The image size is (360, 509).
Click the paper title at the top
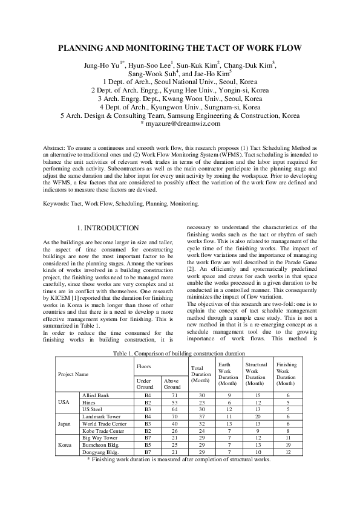(x=180, y=48)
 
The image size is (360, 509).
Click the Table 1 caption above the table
(x=180, y=351)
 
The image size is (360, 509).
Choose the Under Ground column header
(x=145, y=384)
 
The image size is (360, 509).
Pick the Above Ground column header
(x=171, y=384)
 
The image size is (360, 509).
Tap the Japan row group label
(x=65, y=424)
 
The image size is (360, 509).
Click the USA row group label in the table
(x=65, y=401)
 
